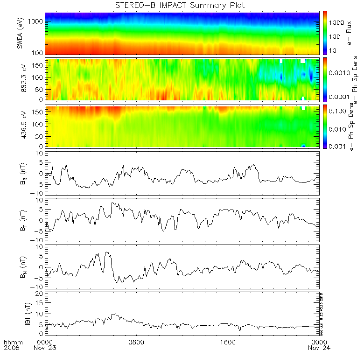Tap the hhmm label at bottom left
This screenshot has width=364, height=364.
click(12, 342)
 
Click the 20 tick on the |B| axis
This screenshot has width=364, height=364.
click(40, 294)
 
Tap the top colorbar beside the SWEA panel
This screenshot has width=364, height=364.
click(325, 33)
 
